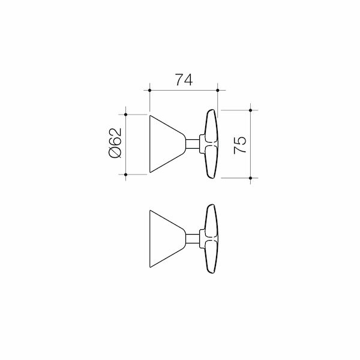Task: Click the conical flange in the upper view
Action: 165,144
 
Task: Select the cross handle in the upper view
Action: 211,145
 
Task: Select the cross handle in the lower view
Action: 211,239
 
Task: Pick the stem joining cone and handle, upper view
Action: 193,144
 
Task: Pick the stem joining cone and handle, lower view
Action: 193,239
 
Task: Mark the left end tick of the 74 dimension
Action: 149,91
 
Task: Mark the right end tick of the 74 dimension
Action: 218,91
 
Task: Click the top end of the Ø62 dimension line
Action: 126,113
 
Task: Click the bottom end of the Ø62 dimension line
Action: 126,175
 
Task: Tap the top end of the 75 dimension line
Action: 250,110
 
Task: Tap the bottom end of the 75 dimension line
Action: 250,178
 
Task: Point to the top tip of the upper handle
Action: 211,111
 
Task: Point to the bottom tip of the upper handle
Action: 211,178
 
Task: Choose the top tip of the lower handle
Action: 211,205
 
